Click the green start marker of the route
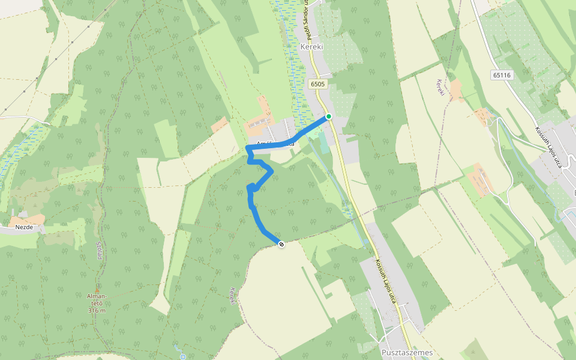tap(328, 116)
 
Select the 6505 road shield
tap(318, 85)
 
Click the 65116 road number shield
tap(501, 75)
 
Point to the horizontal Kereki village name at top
tap(312, 46)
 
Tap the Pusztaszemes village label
tap(407, 353)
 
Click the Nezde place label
tap(24, 228)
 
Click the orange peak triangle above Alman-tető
tap(97, 289)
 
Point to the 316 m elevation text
tap(97, 310)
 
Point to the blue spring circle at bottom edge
tap(182, 357)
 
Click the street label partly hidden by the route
tap(273, 144)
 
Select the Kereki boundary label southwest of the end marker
tap(232, 296)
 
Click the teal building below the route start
tap(324, 142)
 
